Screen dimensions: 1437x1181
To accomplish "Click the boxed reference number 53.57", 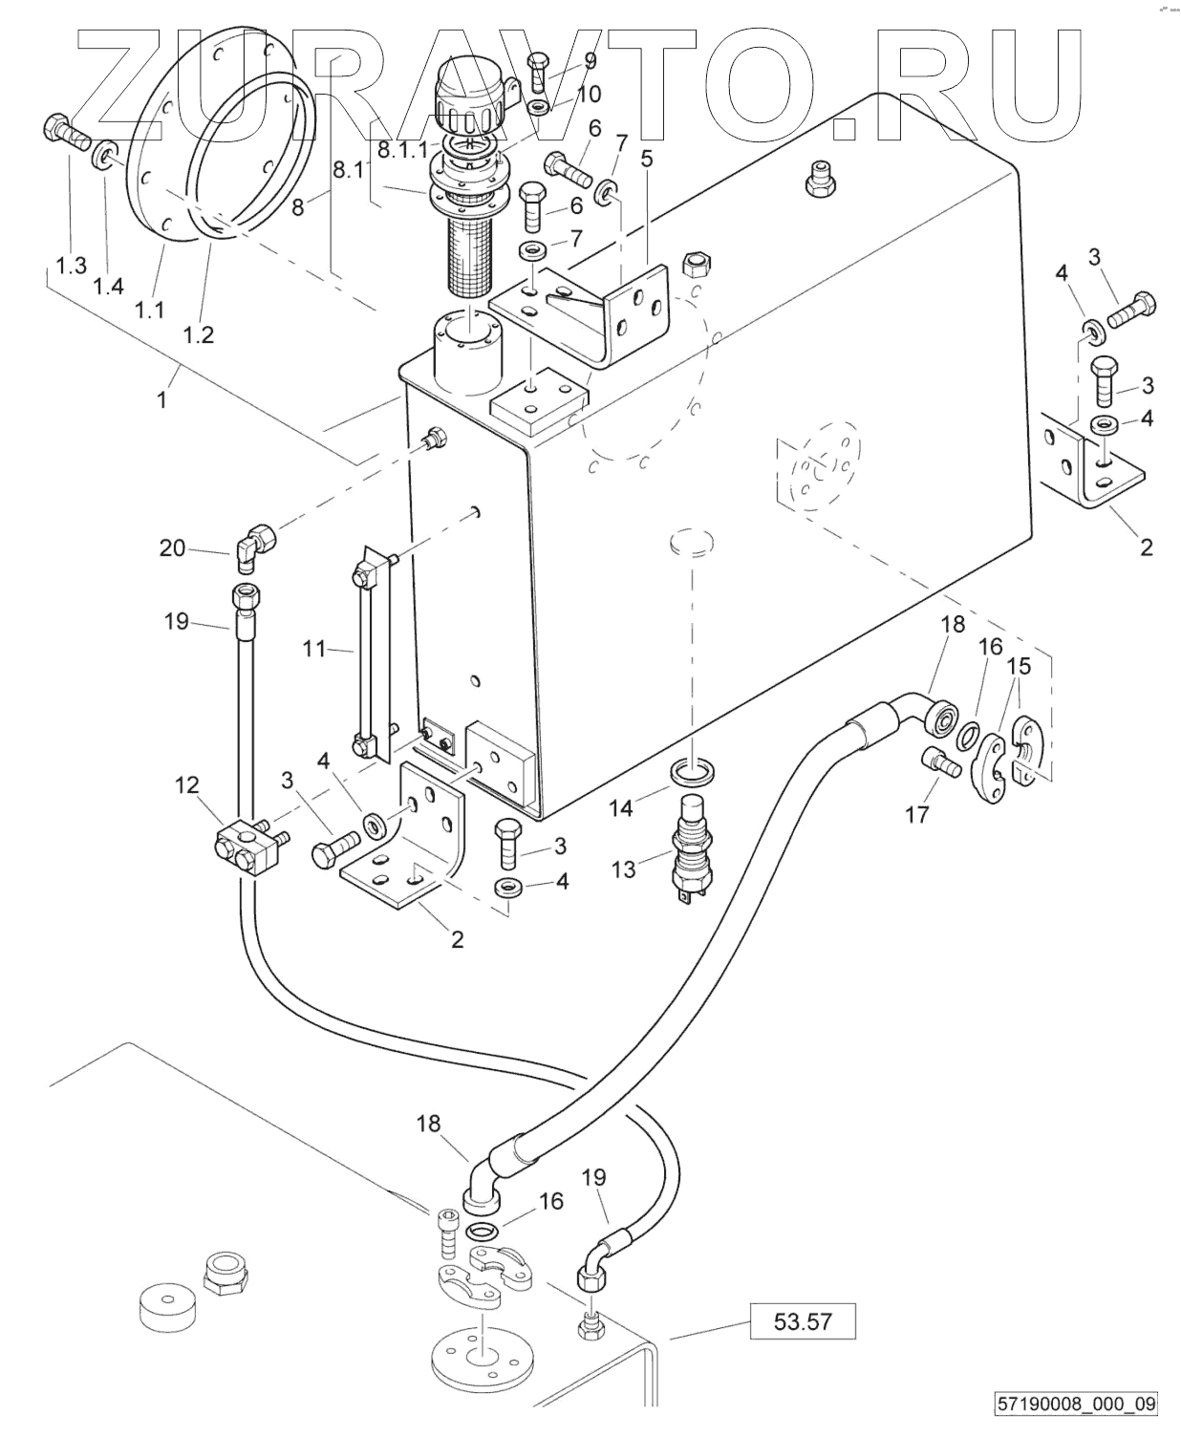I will [x=804, y=1322].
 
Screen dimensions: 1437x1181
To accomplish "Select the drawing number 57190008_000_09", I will [x=1076, y=1405].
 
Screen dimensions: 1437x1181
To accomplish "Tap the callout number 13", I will [x=623, y=869].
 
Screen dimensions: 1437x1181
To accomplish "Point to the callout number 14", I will [x=621, y=808].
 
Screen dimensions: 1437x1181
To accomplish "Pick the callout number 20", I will [x=172, y=547].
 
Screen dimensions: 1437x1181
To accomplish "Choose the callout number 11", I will [x=315, y=650].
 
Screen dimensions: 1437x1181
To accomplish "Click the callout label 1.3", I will [x=71, y=266].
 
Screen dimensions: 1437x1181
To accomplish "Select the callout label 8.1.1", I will [x=401, y=150].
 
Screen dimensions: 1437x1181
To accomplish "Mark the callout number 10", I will [x=589, y=94].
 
